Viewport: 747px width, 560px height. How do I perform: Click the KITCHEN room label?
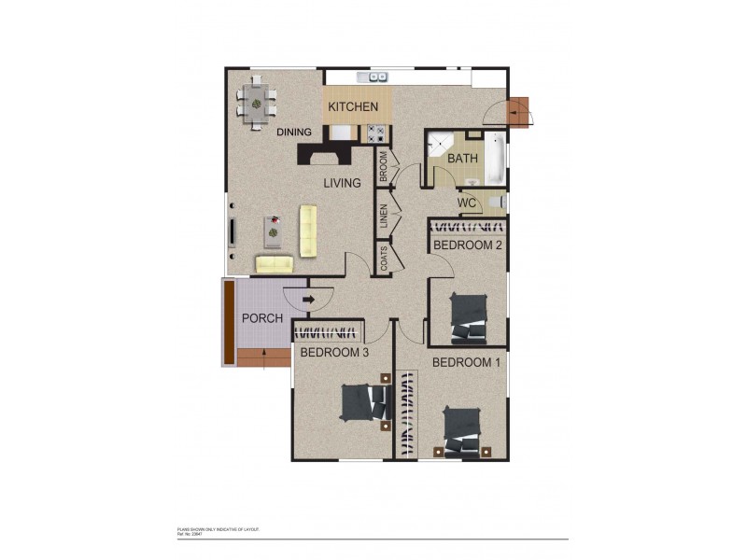tap(352, 107)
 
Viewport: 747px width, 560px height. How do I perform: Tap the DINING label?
tap(294, 133)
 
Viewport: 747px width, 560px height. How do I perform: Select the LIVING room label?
tap(342, 183)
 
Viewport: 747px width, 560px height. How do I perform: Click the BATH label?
tap(462, 159)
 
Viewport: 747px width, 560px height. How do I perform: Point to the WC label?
tap(468, 203)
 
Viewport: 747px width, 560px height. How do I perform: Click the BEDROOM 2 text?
tap(468, 245)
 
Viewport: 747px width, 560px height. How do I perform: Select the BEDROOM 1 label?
tap(467, 362)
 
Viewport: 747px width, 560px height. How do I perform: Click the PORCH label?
tap(262, 318)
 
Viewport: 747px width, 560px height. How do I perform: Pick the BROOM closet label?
tap(384, 165)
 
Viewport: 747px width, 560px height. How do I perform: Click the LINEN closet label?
tap(384, 216)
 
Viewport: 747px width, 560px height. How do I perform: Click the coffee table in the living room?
tap(273, 227)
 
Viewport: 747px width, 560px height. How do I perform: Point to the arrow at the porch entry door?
tap(307, 299)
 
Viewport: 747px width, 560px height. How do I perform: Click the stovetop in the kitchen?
tap(374, 133)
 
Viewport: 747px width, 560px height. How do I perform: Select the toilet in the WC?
tap(498, 202)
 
